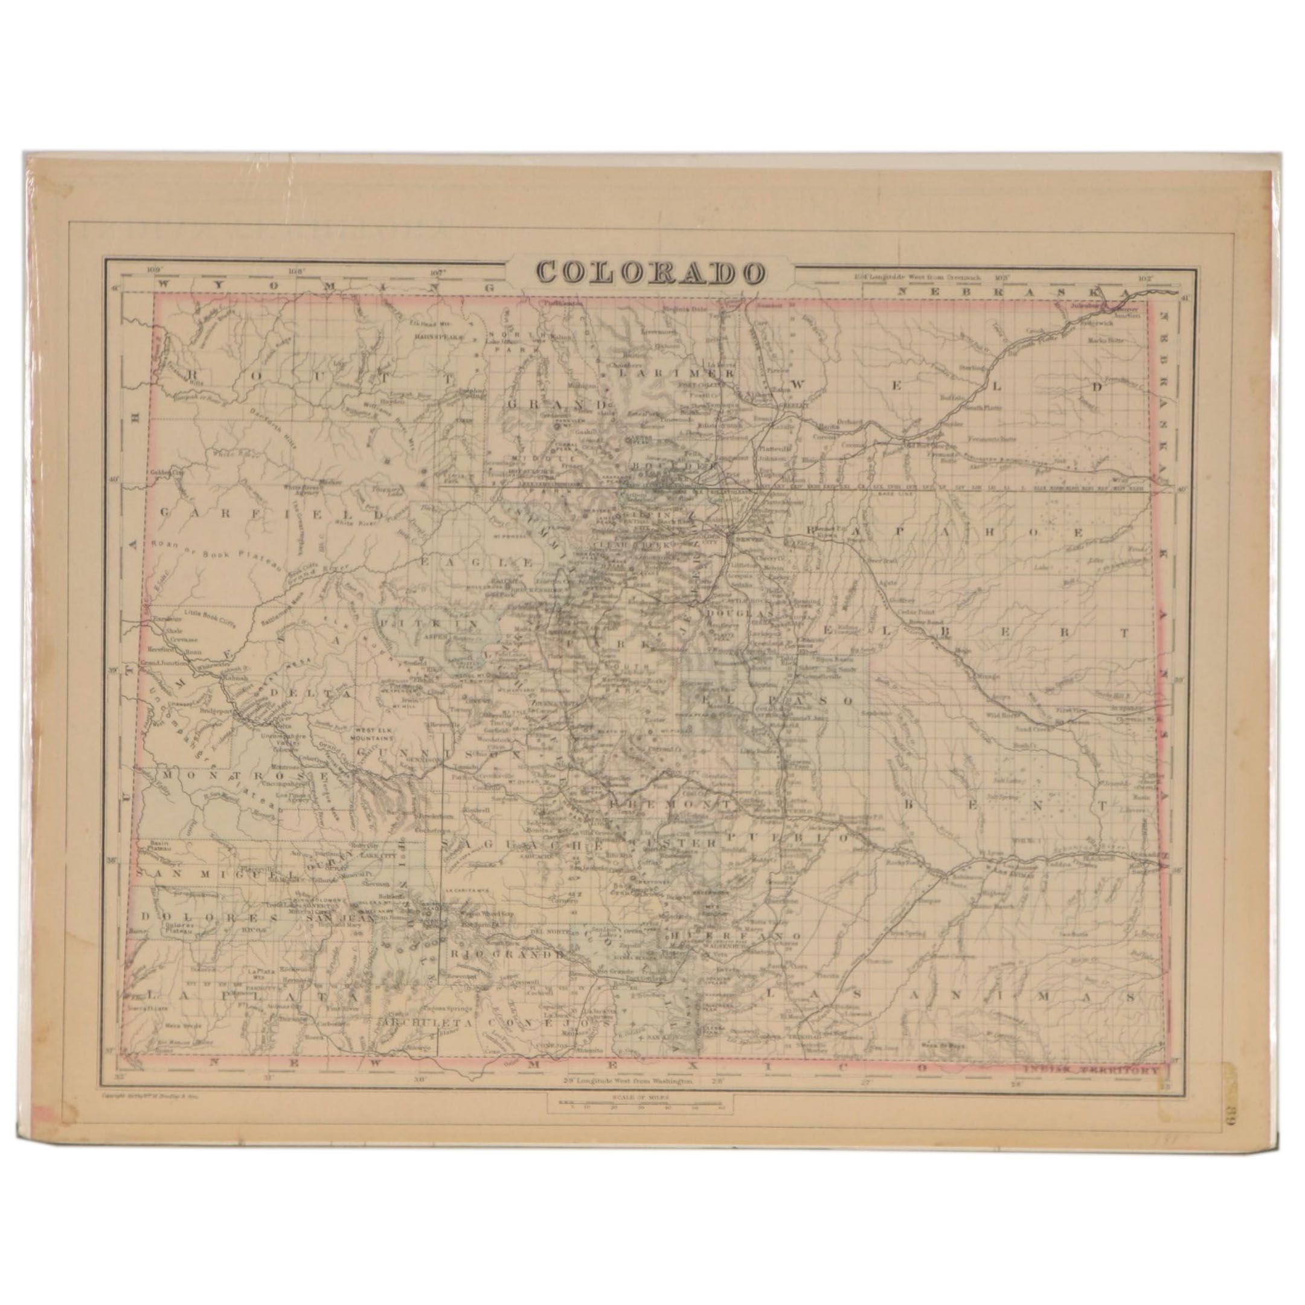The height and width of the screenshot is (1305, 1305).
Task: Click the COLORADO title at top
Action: tap(651, 272)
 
